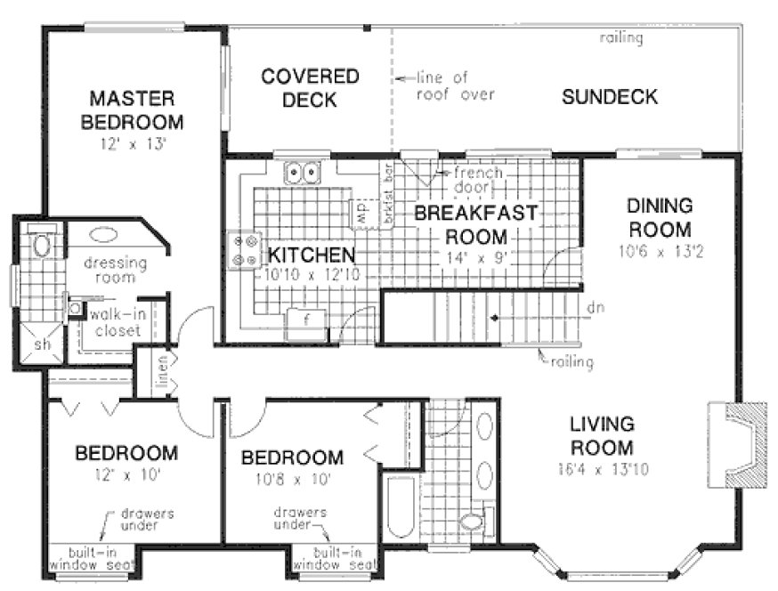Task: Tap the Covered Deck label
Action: click(x=310, y=87)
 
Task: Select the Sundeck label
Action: click(x=610, y=97)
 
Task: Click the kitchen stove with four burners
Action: click(x=245, y=248)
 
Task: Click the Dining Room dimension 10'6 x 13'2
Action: click(x=658, y=252)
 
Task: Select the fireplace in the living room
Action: click(x=737, y=445)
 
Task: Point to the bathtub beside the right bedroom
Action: click(x=401, y=506)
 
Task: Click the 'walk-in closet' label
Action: click(x=114, y=322)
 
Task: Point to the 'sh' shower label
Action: click(x=42, y=344)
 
